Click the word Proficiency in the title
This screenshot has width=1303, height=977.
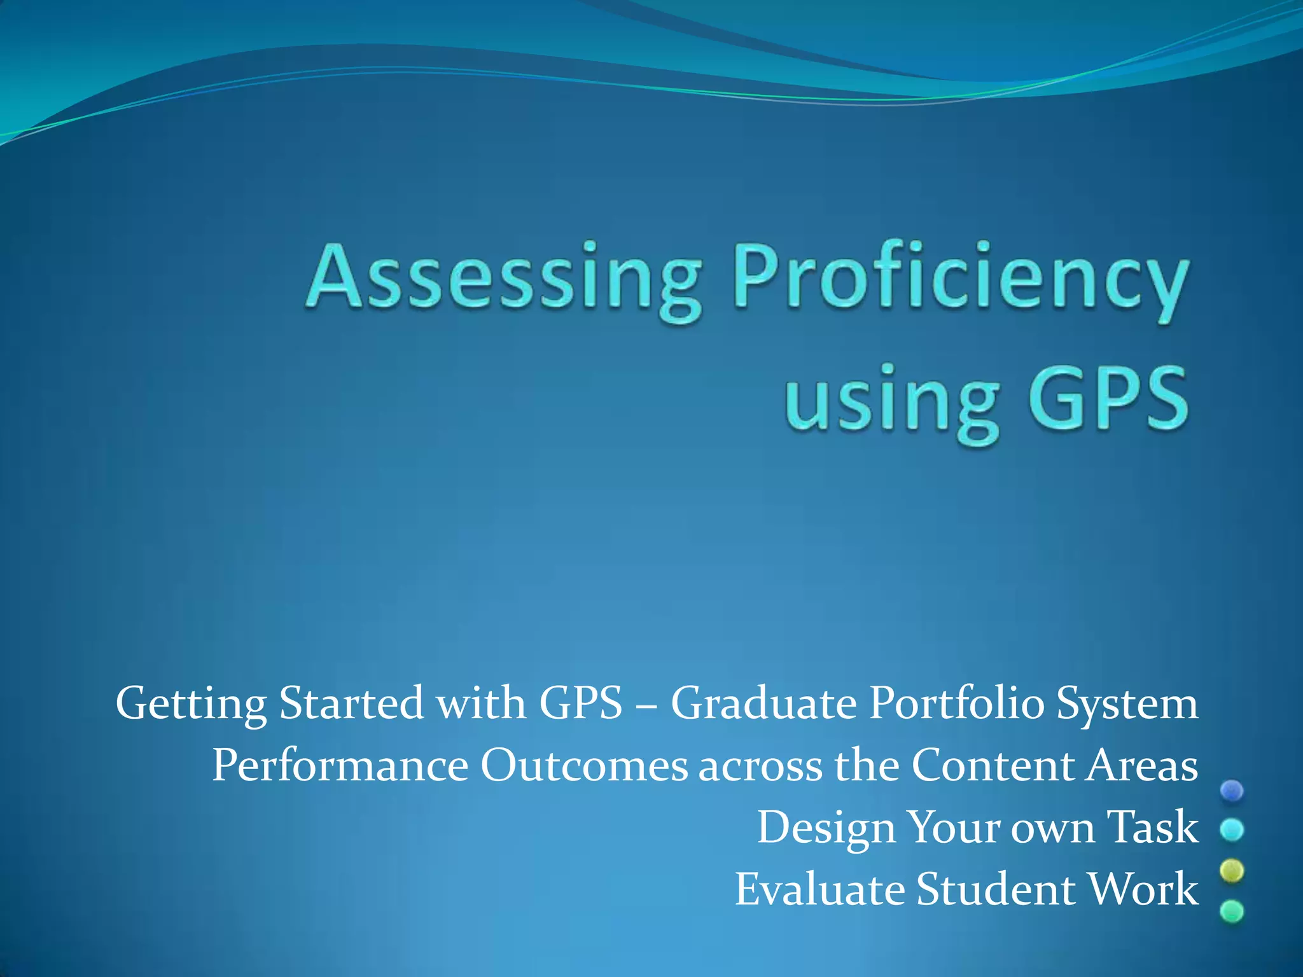(x=959, y=280)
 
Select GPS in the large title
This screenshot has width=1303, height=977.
(x=1108, y=398)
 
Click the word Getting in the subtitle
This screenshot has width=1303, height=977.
(x=191, y=705)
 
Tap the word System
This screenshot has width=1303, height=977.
(x=1127, y=705)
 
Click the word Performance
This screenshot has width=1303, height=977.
(x=340, y=765)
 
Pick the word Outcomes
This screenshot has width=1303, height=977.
(x=583, y=765)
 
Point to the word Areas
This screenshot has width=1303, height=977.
(x=1142, y=765)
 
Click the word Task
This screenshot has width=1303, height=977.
(x=1152, y=827)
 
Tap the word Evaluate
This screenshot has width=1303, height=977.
(x=819, y=889)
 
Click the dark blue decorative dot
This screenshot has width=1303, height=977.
(x=1232, y=791)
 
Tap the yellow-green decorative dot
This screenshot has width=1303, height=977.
(x=1232, y=871)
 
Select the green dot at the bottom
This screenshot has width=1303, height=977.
(x=1232, y=911)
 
